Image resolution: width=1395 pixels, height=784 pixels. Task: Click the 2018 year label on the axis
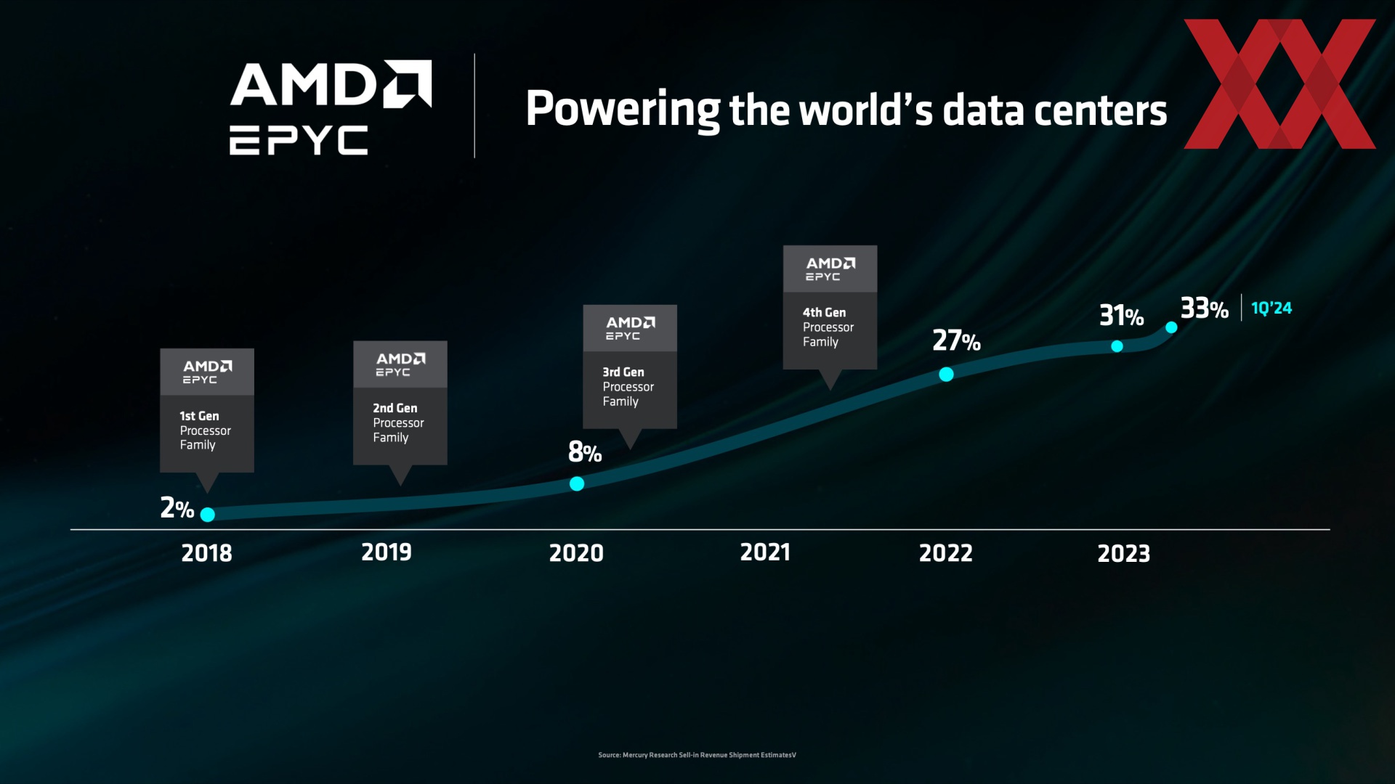tap(206, 553)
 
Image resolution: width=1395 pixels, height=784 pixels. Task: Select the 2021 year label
tap(765, 552)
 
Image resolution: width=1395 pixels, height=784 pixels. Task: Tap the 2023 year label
tap(1123, 554)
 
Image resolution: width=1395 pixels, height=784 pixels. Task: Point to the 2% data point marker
tap(208, 515)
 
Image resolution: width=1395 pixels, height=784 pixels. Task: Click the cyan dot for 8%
tap(577, 483)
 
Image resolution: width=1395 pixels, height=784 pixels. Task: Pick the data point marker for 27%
tap(946, 375)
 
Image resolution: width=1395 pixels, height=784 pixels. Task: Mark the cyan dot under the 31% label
tap(1117, 346)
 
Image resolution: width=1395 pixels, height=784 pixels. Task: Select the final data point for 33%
tap(1171, 327)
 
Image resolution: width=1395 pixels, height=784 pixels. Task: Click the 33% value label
tap(1204, 309)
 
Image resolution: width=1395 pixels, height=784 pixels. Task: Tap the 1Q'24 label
tap(1271, 309)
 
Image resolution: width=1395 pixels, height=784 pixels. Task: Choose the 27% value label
tap(956, 340)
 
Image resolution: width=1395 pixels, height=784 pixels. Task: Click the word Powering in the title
tap(623, 110)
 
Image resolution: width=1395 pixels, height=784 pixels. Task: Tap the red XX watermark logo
tap(1279, 84)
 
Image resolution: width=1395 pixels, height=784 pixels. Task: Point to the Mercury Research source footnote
tap(697, 755)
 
